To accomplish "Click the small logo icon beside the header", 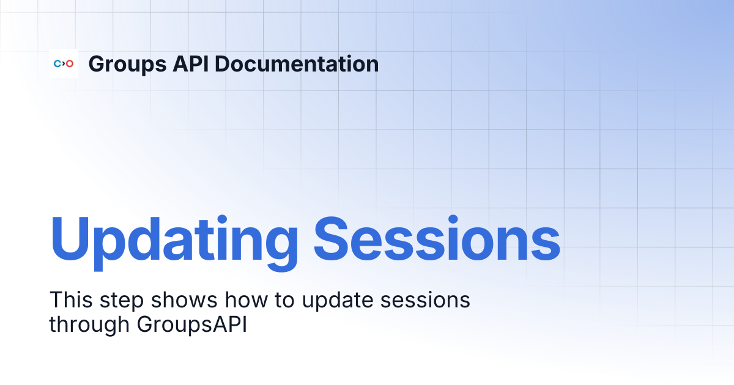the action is tap(64, 64).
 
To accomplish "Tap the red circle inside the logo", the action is tap(70, 64).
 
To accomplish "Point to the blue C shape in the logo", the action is tap(57, 64).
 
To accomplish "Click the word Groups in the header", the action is tap(127, 65).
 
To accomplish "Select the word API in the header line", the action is tap(191, 64).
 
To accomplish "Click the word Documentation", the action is tap(297, 64).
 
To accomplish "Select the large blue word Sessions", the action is tap(437, 239).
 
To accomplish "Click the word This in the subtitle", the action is tap(71, 299).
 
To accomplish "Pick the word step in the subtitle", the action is tap(122, 301).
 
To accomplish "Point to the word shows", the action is tap(184, 299).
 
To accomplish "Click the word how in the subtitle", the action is tap(247, 299).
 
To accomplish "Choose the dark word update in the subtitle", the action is tap(338, 301).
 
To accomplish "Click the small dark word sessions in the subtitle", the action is tap(425, 300).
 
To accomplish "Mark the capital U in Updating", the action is tap(70, 239).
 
